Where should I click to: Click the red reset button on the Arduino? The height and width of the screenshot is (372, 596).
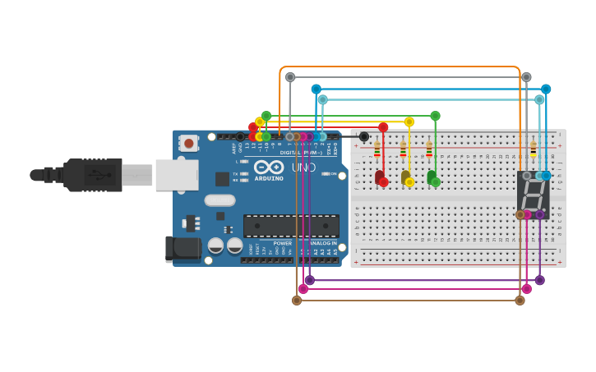click(x=189, y=144)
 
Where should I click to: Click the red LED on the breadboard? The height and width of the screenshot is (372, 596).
click(x=379, y=177)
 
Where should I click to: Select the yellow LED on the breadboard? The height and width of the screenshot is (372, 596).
click(x=405, y=177)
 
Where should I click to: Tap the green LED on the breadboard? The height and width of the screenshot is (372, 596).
click(x=432, y=177)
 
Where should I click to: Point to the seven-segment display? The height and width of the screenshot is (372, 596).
click(x=533, y=195)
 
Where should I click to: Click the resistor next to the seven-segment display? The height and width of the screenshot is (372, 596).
click(x=533, y=149)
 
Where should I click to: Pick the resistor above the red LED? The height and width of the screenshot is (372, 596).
click(x=377, y=149)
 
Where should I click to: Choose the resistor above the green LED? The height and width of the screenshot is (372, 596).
click(x=429, y=149)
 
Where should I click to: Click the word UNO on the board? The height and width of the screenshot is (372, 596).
click(x=303, y=168)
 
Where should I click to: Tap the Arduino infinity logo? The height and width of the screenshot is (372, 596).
click(x=269, y=167)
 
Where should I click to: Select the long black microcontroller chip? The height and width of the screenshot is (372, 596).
click(x=291, y=226)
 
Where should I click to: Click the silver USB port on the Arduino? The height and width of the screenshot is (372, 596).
click(x=177, y=174)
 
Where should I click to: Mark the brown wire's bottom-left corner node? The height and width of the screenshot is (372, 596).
click(x=297, y=301)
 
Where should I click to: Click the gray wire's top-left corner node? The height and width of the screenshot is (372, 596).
click(x=290, y=77)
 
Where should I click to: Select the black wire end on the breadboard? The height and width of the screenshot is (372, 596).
click(x=364, y=136)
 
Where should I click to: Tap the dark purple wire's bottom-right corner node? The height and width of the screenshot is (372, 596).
click(x=540, y=280)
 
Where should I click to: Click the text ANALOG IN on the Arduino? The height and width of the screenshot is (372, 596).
click(x=323, y=243)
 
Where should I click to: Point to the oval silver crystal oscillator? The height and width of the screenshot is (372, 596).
click(x=219, y=200)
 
